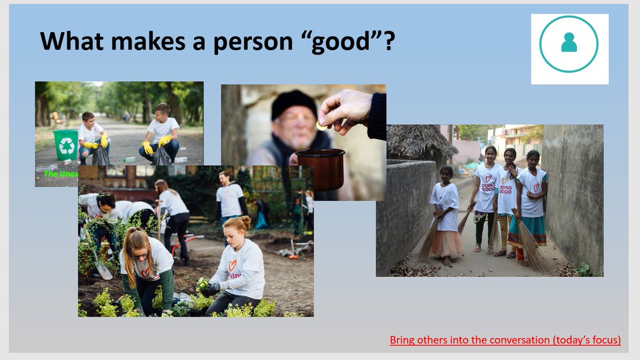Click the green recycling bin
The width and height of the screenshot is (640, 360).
(66, 145)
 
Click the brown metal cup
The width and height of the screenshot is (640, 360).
(320, 169)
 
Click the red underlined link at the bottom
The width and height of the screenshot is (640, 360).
(505, 340)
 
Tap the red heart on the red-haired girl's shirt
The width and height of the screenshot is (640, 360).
(233, 265)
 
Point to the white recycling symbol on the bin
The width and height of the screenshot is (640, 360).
(67, 145)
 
